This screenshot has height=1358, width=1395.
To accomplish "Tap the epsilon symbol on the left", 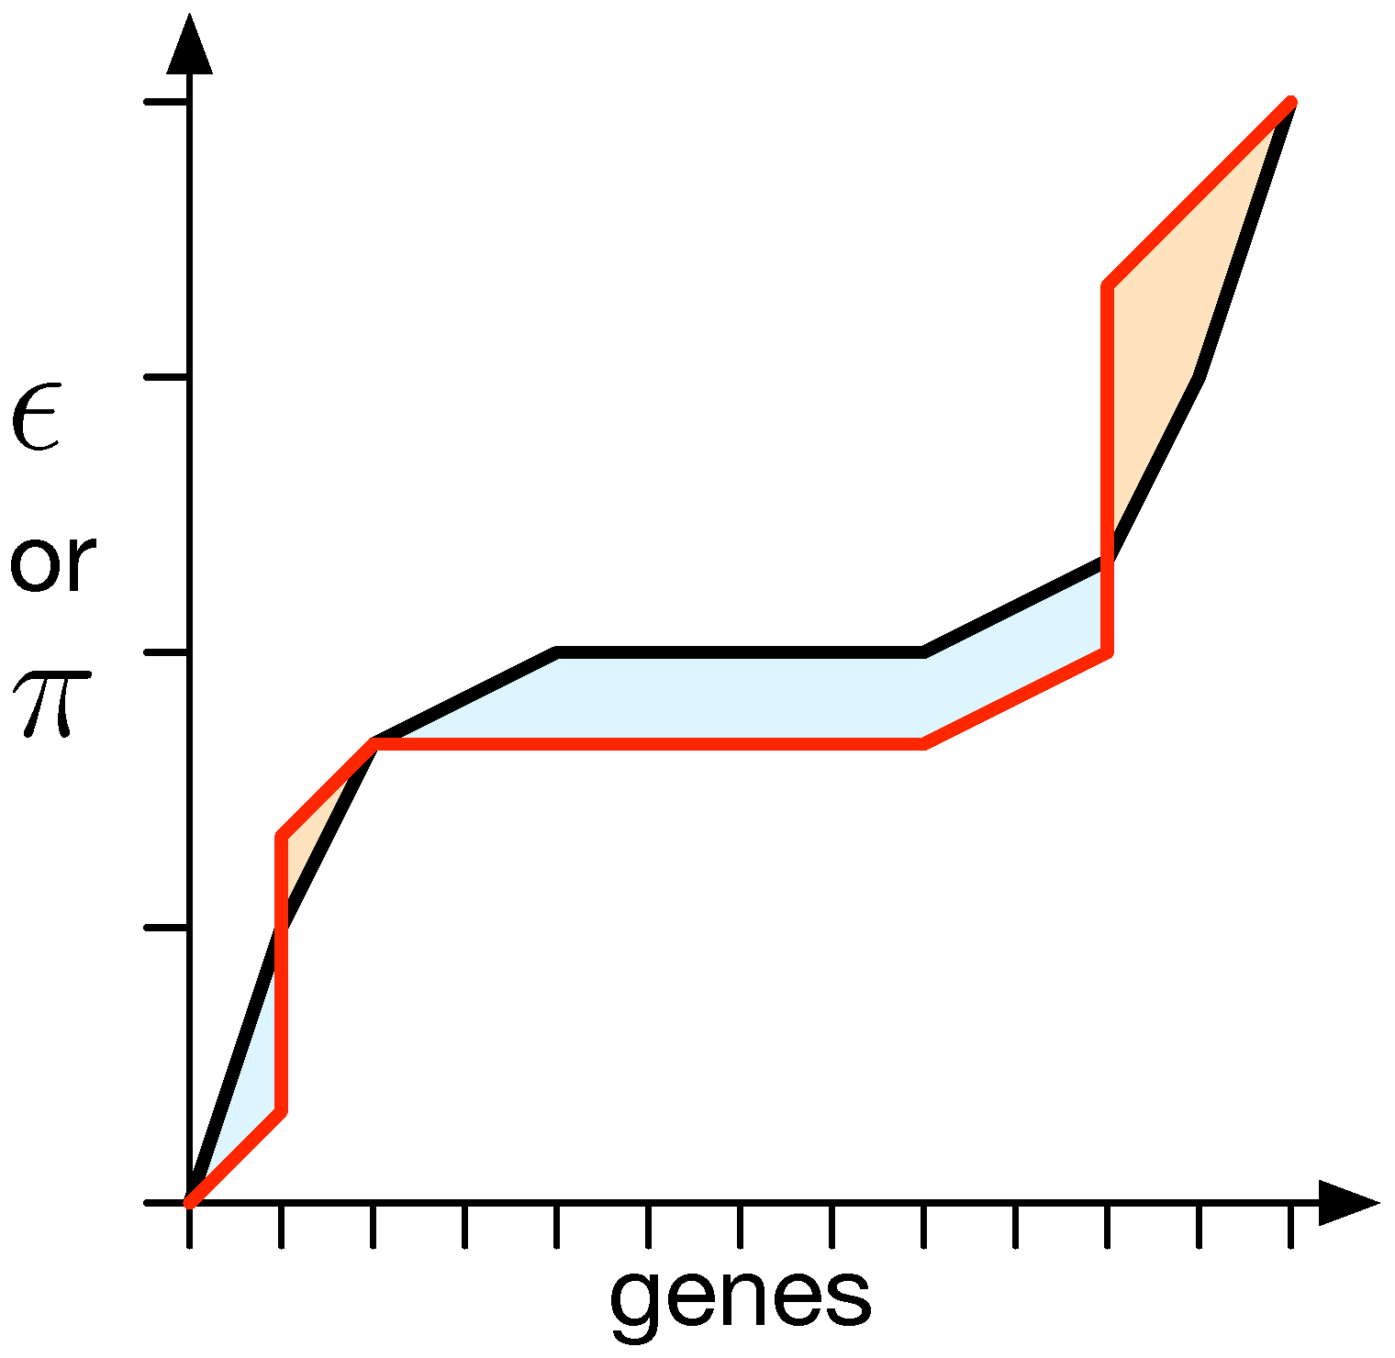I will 37,417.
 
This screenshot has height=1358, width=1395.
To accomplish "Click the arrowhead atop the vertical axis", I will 189,46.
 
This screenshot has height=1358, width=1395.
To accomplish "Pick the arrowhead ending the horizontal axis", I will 1347,1202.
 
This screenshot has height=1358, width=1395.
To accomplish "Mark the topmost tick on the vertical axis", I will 165,102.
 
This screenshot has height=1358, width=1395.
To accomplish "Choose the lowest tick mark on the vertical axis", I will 165,929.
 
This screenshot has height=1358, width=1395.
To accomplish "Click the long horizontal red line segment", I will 642,743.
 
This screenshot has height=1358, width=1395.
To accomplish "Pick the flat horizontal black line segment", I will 734,652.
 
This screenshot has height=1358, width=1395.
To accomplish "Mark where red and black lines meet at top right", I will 1290,102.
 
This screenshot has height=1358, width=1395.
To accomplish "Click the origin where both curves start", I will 190,1201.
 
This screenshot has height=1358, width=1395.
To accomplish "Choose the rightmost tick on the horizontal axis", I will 1290,1228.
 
